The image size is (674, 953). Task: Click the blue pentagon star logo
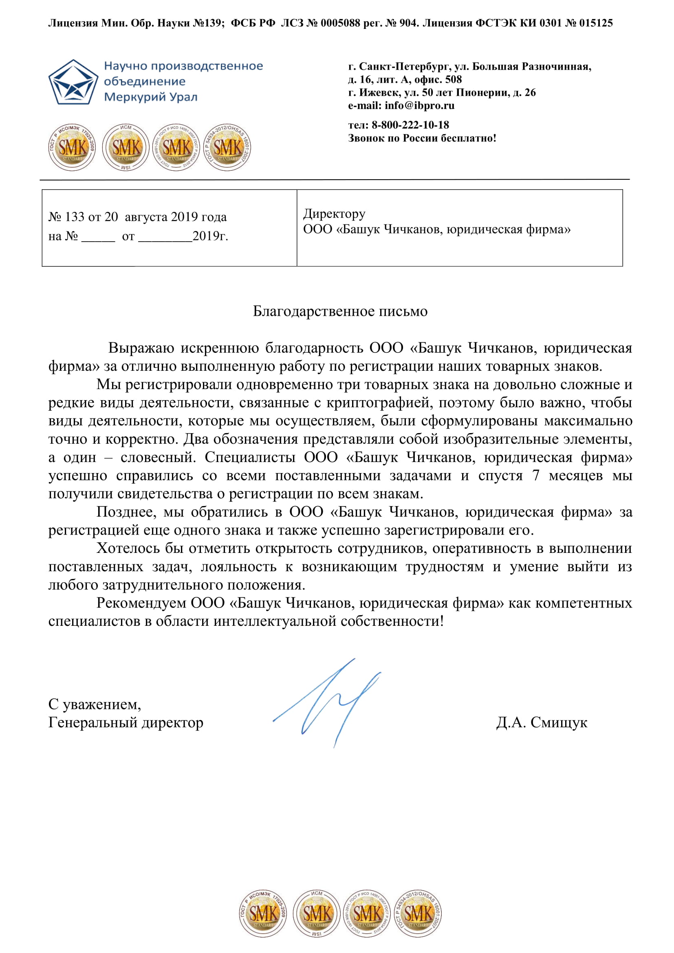coord(73,82)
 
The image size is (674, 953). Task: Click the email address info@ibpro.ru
coord(419,106)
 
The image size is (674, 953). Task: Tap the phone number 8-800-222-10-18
coord(410,125)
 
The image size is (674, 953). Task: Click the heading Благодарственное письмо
coord(340,311)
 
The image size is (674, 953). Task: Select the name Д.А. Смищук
coord(541,723)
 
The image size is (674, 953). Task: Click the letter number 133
coord(75,217)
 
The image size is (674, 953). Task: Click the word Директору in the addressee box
coord(334,214)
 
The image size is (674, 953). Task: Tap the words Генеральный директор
coord(126,723)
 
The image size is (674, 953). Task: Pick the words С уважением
coord(95,704)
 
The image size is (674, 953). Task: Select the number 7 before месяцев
coord(536,475)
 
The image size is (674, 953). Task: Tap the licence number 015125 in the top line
coord(596,23)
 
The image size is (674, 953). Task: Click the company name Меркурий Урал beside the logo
coord(151,97)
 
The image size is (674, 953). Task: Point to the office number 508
coord(453,79)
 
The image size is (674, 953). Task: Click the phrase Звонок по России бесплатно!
coord(422,138)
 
